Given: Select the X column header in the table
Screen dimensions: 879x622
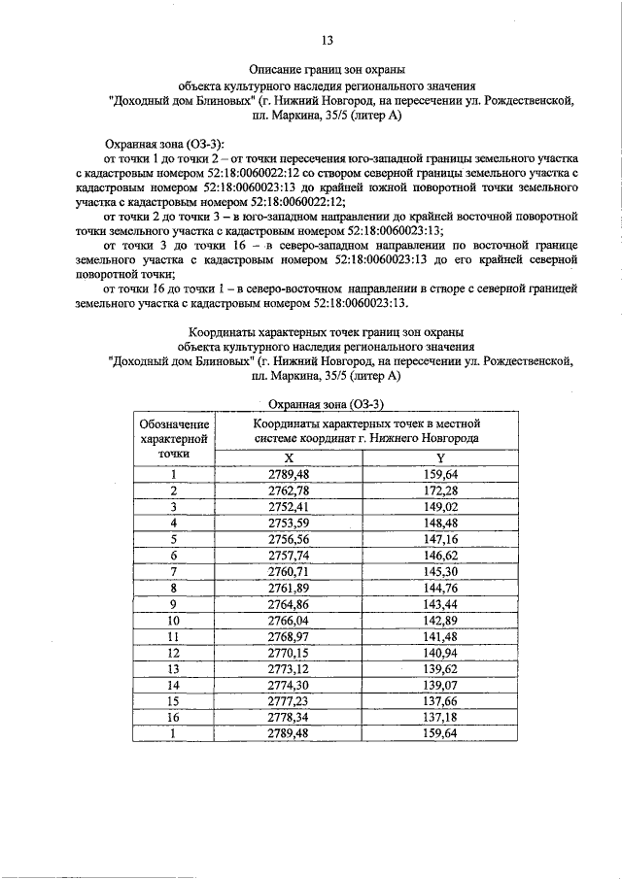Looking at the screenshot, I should (x=288, y=456).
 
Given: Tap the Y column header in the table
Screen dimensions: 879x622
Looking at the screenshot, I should (x=440, y=456).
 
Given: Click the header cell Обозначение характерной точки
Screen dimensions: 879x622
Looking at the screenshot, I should (x=174, y=438).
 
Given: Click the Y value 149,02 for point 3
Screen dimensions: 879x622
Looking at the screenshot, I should (x=440, y=506).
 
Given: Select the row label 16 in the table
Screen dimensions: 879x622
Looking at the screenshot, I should (x=174, y=717).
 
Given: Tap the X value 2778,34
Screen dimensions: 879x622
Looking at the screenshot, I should (x=288, y=717).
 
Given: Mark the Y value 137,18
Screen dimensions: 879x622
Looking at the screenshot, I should (x=440, y=717).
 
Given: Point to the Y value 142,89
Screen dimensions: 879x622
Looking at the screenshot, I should (x=440, y=620).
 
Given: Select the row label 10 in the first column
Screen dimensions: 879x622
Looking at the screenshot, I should (x=174, y=620).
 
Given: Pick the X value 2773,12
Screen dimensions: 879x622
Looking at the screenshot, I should (x=288, y=668).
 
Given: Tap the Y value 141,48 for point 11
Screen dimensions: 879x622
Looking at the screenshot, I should (x=440, y=635).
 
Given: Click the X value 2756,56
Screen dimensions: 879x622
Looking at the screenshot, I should (x=288, y=538).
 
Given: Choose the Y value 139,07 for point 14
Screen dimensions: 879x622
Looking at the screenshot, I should (x=440, y=684).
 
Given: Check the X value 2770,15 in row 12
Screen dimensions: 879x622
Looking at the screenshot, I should (x=288, y=652).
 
